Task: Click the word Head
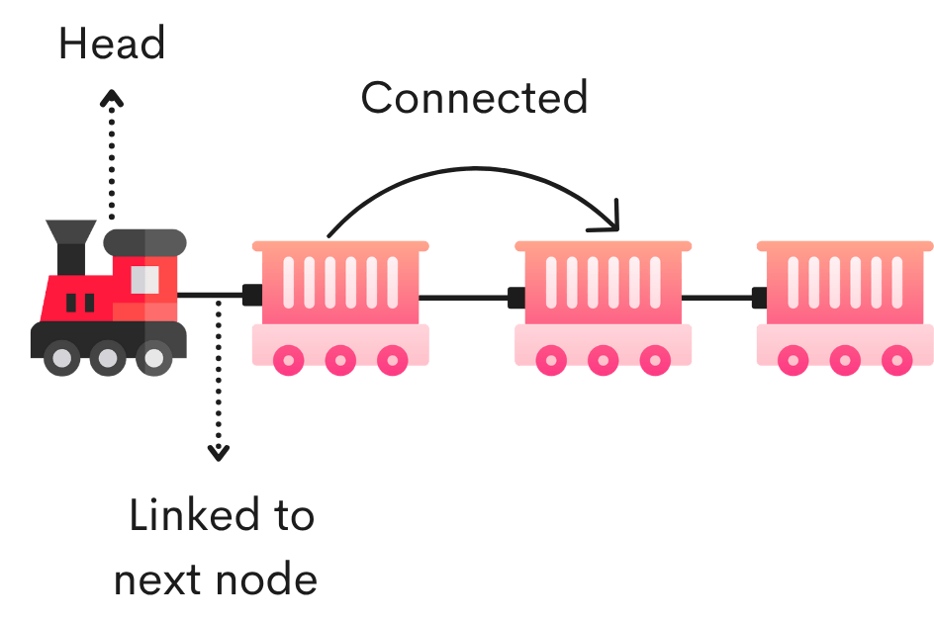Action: (112, 44)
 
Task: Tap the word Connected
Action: (474, 98)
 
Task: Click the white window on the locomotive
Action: (145, 280)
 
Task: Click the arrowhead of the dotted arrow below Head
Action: (112, 97)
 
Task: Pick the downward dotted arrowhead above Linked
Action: (219, 452)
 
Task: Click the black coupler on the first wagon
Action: (251, 295)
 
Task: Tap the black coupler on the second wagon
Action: (515, 297)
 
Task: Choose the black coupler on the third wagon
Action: (759, 297)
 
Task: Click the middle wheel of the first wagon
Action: (340, 360)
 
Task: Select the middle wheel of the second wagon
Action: (603, 360)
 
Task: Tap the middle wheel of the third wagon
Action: (844, 360)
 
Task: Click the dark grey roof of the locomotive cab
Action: (144, 240)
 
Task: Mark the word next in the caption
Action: (157, 578)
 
